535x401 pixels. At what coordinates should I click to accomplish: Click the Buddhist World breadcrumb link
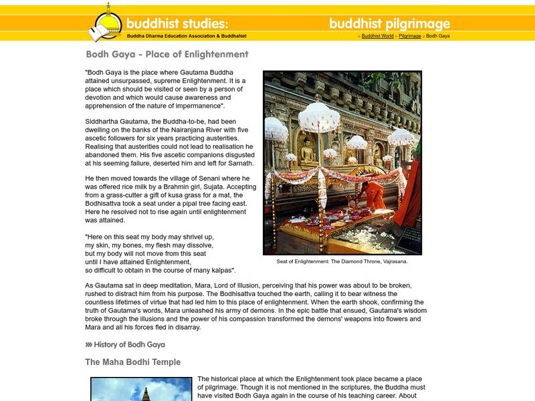point(377,35)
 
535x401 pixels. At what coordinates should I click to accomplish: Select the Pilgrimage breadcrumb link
point(409,35)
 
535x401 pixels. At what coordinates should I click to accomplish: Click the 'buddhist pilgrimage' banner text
point(389,23)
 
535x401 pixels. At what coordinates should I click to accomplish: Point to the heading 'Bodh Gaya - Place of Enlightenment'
point(167,54)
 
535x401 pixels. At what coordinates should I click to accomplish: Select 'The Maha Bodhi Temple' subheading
point(132,362)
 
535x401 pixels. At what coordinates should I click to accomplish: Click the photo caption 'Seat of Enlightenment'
point(342,261)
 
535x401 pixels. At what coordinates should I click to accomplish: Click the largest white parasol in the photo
point(319,117)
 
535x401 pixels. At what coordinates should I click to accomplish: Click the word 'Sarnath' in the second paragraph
point(240,163)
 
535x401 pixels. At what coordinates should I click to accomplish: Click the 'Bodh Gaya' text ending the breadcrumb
point(437,35)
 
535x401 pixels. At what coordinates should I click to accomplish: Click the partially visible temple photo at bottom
point(141,389)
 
